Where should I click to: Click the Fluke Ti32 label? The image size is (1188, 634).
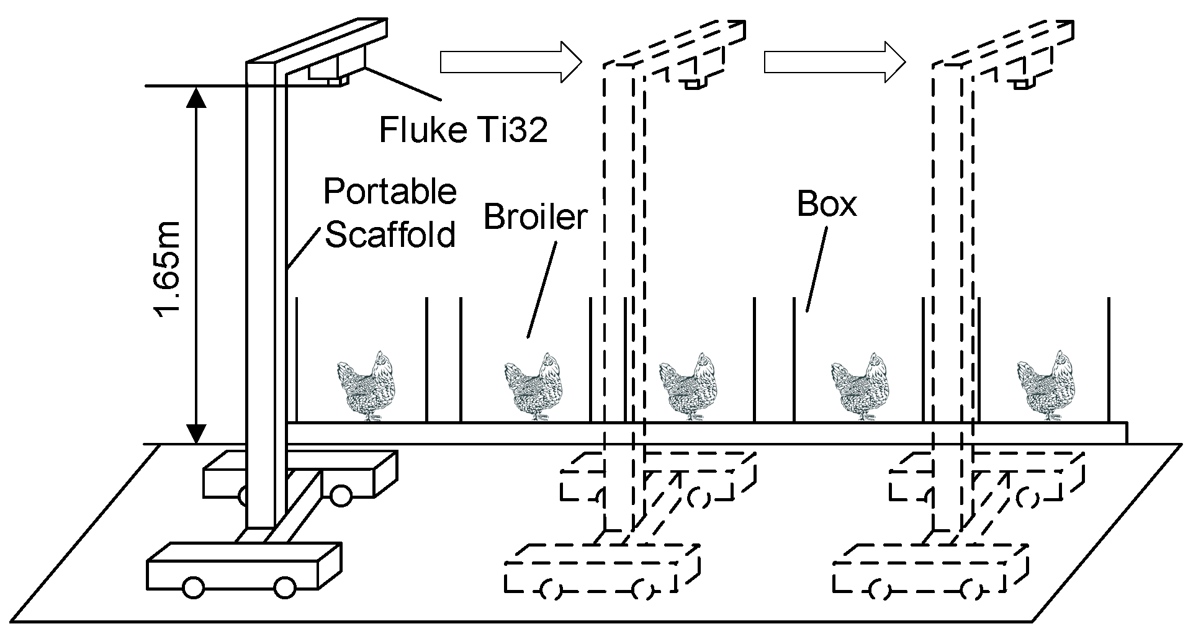tap(463, 131)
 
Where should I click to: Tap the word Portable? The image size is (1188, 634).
tap(390, 192)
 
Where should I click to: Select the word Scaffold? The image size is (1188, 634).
tap(390, 235)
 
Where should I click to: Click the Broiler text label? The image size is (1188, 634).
tap(535, 217)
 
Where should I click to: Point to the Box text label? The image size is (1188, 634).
tap(826, 204)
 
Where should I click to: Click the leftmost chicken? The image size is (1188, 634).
tap(366, 386)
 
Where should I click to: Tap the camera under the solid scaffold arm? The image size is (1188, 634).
tap(329, 72)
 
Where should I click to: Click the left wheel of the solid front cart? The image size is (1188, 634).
tap(194, 587)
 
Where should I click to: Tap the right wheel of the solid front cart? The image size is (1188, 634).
tap(285, 587)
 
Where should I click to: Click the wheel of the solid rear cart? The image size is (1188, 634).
tap(340, 494)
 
